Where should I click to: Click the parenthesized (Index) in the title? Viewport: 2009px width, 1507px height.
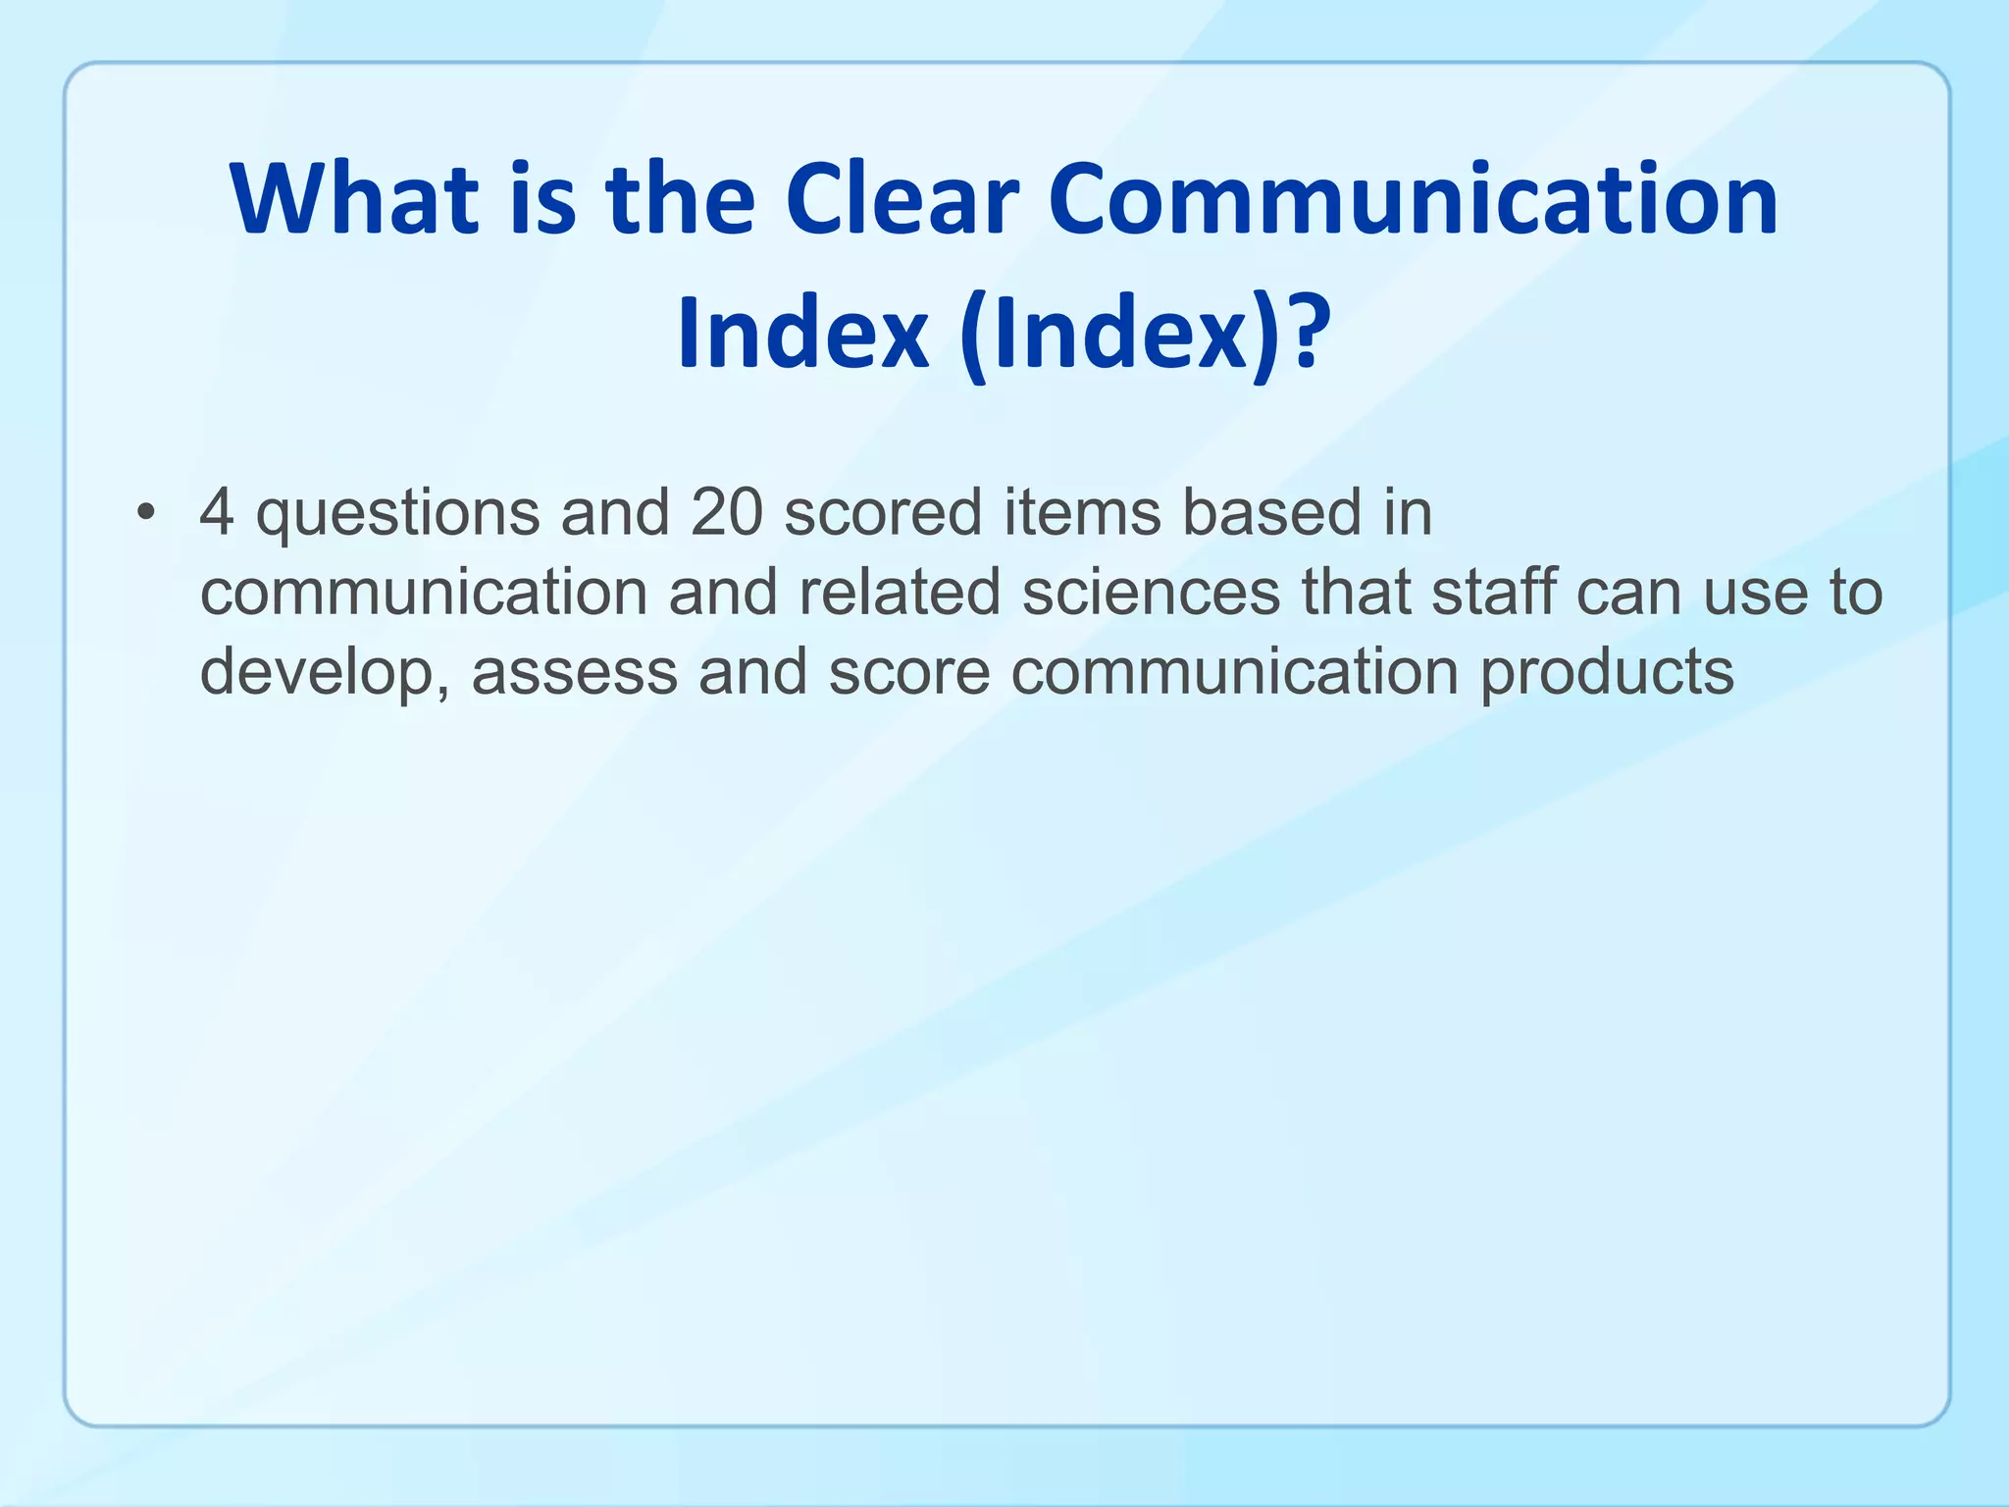pyautogui.click(x=1118, y=334)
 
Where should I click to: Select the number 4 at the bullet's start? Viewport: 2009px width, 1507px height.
pyautogui.click(x=217, y=512)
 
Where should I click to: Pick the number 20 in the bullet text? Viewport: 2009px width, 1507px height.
pyautogui.click(x=726, y=512)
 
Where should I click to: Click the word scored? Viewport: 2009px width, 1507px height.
pyautogui.click(x=883, y=512)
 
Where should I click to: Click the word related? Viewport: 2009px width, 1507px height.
pyautogui.click(x=900, y=593)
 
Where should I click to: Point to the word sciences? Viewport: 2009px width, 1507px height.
pyautogui.click(x=1151, y=593)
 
